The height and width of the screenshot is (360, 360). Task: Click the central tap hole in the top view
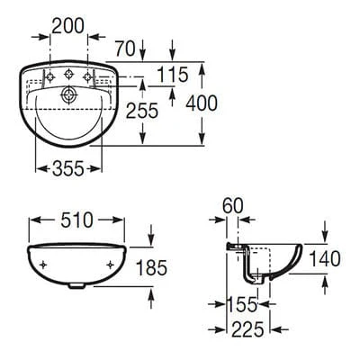(69, 93)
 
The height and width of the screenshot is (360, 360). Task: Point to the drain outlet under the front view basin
(76, 288)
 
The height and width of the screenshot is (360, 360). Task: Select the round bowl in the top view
(69, 121)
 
